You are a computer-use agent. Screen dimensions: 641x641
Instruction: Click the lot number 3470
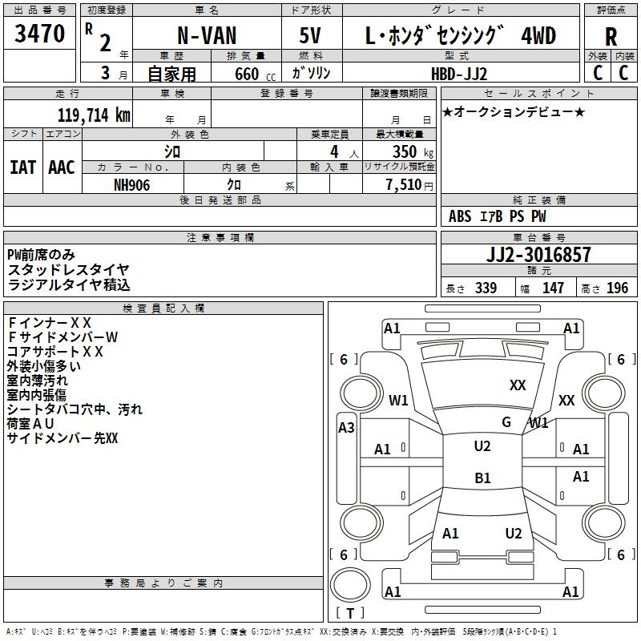[x=40, y=34]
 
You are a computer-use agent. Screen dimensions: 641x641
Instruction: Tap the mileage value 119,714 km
[x=93, y=115]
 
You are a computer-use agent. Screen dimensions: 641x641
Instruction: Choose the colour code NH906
[x=131, y=184]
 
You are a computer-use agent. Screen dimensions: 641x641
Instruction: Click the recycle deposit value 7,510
[x=404, y=184]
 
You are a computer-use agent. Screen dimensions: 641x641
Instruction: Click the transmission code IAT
[x=22, y=167]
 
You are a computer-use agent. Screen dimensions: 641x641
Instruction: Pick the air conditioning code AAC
[x=61, y=167]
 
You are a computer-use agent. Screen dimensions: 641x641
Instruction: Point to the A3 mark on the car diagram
[x=346, y=427]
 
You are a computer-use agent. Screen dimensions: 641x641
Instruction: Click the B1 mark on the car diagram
[x=482, y=478]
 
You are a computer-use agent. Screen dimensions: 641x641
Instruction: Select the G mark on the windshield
[x=506, y=421]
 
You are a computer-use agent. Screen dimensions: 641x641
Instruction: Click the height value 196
[x=617, y=288]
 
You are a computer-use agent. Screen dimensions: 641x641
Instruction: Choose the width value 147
[x=553, y=288]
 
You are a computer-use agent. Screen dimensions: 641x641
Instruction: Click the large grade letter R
[x=611, y=36]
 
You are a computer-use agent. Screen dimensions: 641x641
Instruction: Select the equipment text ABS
[x=460, y=216]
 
